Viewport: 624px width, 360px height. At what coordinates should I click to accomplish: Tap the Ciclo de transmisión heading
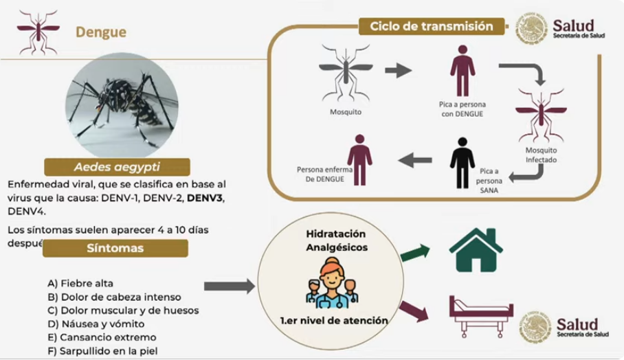pyautogui.click(x=432, y=26)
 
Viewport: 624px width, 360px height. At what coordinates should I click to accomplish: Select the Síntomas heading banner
pyautogui.click(x=115, y=248)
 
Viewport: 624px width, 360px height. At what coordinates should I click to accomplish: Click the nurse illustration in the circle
pyautogui.click(x=331, y=283)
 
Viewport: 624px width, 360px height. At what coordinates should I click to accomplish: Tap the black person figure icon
pyautogui.click(x=462, y=164)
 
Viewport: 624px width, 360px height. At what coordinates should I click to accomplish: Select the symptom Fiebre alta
pyautogui.click(x=80, y=283)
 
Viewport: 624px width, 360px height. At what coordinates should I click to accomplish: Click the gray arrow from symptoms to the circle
pyautogui.click(x=229, y=286)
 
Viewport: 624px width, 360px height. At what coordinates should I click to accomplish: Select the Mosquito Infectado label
pyautogui.click(x=541, y=155)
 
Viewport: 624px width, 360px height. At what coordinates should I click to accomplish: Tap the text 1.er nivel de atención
pyautogui.click(x=334, y=321)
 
